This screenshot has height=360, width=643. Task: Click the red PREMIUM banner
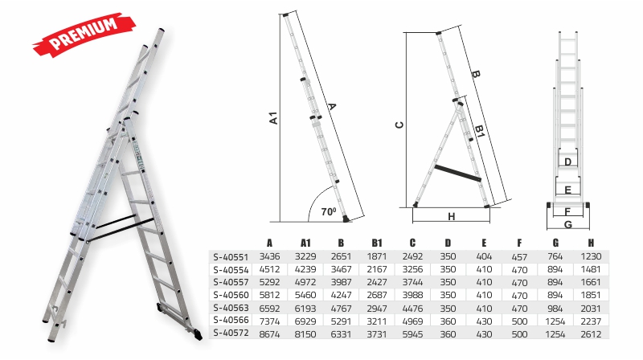pyautogui.click(x=84, y=34)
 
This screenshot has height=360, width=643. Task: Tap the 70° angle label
pyautogui.click(x=329, y=211)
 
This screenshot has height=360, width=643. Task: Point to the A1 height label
pyautogui.click(x=273, y=118)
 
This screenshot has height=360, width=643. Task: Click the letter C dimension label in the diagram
pyautogui.click(x=399, y=125)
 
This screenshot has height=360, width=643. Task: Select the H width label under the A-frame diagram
pyautogui.click(x=452, y=216)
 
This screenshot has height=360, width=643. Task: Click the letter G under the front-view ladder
pyautogui.click(x=568, y=225)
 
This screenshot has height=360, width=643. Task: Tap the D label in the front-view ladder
pyautogui.click(x=568, y=162)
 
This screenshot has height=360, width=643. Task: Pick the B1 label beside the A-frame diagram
pyautogui.click(x=480, y=131)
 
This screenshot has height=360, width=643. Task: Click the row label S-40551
pyautogui.click(x=231, y=257)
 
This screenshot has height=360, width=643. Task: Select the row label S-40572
pyautogui.click(x=231, y=333)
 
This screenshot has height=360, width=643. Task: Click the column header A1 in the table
pyautogui.click(x=305, y=243)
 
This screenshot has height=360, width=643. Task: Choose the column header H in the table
pyautogui.click(x=591, y=243)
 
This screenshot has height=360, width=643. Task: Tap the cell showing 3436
pyautogui.click(x=269, y=256)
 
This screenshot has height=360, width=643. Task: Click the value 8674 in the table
pyautogui.click(x=269, y=334)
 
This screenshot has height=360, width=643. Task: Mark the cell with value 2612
pyautogui.click(x=591, y=334)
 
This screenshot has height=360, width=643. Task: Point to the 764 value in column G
pyautogui.click(x=555, y=256)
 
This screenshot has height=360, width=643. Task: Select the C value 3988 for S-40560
pyautogui.click(x=412, y=295)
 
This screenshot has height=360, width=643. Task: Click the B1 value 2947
pyautogui.click(x=376, y=309)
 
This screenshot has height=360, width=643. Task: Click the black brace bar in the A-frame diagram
pyautogui.click(x=457, y=173)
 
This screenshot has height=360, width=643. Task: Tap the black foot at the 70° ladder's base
pyautogui.click(x=346, y=219)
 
